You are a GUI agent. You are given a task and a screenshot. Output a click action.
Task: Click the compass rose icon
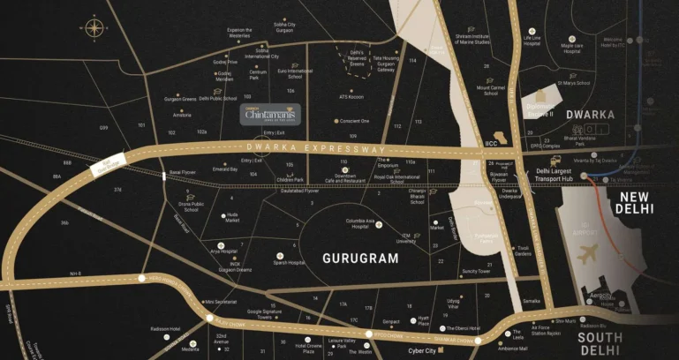pos(94,28)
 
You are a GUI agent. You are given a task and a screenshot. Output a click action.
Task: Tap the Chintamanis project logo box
pos(272,114)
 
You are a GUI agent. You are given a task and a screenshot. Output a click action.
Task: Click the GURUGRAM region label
pos(362,259)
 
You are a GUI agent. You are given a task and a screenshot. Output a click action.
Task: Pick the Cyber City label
pos(422,350)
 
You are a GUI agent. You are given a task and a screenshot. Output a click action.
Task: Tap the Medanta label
pos(190,349)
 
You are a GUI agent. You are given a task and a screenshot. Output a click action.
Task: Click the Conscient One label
pos(354,120)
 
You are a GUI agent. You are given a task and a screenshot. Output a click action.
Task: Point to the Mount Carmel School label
pos(491,90)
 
